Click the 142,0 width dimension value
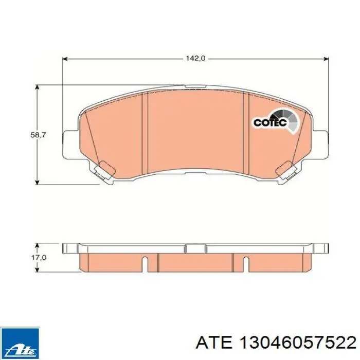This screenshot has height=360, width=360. [x=195, y=59]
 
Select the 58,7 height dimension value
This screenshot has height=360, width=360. [x=39, y=135]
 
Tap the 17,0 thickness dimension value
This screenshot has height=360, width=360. [x=39, y=258]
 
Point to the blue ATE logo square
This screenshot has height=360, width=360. [x=20, y=343]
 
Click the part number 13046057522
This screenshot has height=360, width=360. [x=298, y=344]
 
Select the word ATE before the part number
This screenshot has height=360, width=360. [x=214, y=344]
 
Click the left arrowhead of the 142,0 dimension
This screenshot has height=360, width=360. [x=65, y=59]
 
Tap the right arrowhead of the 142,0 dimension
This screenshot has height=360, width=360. [x=326, y=59]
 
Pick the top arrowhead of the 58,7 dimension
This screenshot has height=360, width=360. [x=37, y=87]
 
